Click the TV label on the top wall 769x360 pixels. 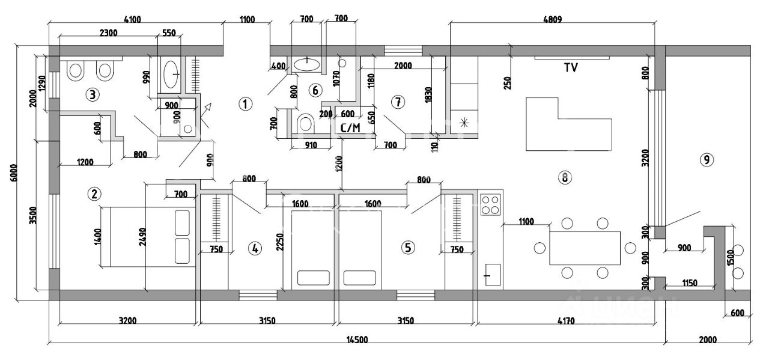click(570, 68)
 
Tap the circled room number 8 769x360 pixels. click(564, 177)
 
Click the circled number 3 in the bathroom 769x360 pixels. click(92, 94)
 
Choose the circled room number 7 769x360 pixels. click(397, 102)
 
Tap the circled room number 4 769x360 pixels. click(255, 248)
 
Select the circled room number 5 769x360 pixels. click(409, 247)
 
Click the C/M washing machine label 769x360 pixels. click(350, 127)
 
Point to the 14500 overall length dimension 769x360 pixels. click(357, 340)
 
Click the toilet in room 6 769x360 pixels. click(305, 124)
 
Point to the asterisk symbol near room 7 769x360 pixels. click(464, 123)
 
